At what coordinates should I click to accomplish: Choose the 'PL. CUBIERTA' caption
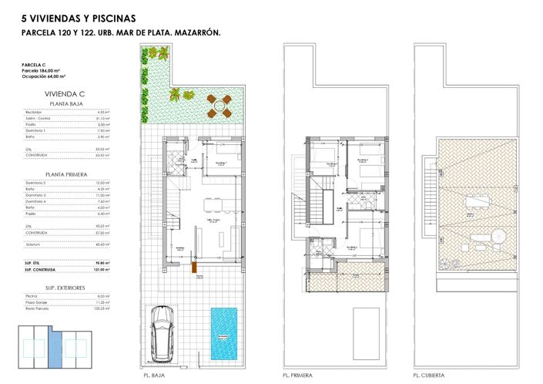tap(428, 376)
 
